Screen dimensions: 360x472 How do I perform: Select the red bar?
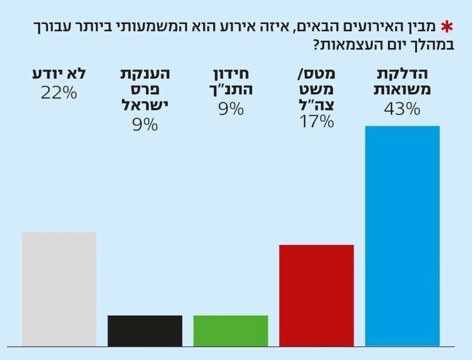tap(316, 295)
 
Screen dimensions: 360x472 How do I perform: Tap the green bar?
tap(231, 331)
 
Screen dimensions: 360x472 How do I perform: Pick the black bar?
tap(145, 331)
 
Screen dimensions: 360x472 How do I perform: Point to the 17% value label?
tap(316, 122)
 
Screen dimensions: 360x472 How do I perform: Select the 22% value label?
tap(59, 93)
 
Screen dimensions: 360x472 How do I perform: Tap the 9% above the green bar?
tap(231, 109)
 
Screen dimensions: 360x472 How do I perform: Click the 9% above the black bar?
tap(145, 124)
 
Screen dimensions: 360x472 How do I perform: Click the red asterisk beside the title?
tap(446, 26)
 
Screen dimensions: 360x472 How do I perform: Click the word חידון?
tap(231, 74)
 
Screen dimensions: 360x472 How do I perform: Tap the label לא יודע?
tap(59, 74)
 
